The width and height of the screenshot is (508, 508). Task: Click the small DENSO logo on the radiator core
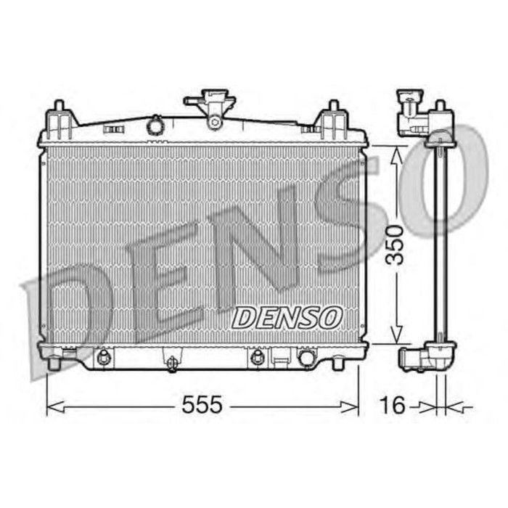click(287, 316)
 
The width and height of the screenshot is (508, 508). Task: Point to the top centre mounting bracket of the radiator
click(213, 107)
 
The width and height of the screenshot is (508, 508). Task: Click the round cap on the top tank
click(155, 126)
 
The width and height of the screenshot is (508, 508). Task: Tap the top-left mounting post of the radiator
click(59, 117)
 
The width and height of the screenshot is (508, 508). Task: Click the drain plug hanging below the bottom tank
click(171, 362)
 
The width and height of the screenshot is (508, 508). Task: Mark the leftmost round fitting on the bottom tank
click(103, 356)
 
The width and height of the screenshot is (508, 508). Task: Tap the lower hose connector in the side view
click(415, 358)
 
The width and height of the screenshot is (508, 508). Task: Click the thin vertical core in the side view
click(438, 239)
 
